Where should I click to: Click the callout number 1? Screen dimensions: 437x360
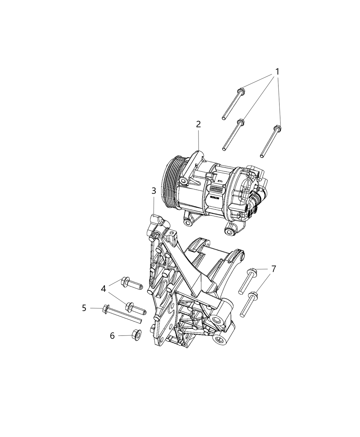[276, 72]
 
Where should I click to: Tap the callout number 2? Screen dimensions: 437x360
[199, 124]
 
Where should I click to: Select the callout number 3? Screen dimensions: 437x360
[154, 191]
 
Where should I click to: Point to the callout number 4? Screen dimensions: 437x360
[104, 289]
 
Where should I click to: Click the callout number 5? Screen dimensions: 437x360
[84, 308]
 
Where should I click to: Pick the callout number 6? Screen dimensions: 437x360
[112, 336]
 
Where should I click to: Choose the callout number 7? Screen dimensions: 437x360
[273, 269]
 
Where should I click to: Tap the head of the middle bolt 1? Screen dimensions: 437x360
[241, 122]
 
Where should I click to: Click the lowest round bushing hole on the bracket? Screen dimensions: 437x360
[218, 340]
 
